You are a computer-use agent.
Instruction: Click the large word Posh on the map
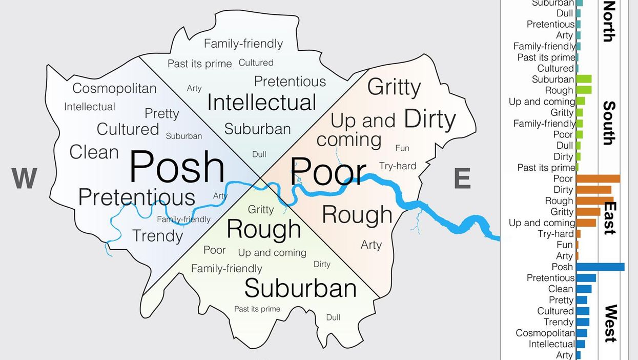[177, 168]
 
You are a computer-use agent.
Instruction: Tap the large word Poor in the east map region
[328, 171]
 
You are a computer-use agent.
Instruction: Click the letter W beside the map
[24, 179]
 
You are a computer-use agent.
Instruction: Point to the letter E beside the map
[462, 179]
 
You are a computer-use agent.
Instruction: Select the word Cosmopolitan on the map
[114, 88]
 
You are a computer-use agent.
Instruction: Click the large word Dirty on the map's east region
[429, 119]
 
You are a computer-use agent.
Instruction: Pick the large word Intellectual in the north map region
[261, 103]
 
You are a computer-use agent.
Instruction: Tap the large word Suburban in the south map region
[300, 288]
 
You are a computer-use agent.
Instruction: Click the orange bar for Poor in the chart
[598, 178]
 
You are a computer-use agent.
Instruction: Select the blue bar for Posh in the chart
[600, 267]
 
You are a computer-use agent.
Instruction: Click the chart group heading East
[609, 217]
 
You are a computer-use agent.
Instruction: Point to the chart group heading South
[609, 123]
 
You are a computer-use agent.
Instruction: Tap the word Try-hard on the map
[398, 166]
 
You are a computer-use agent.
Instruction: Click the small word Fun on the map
[402, 148]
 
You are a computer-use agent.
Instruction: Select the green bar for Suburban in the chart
[584, 79]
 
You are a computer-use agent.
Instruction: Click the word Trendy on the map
[157, 236]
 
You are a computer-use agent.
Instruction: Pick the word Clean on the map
[94, 152]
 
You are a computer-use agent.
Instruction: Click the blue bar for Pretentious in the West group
[586, 278]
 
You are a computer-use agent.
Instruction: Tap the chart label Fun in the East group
[564, 245]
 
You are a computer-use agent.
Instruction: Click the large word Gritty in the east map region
[394, 88]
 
